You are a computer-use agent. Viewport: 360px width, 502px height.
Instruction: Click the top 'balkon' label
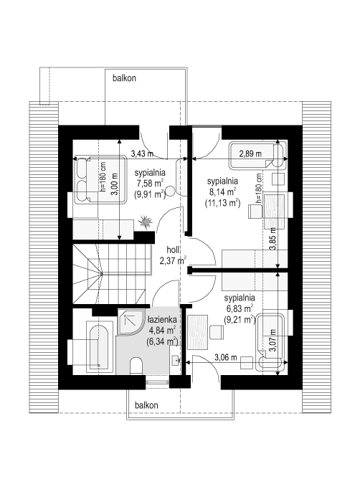point(124,77)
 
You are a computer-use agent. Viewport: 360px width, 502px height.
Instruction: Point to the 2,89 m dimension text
point(250,153)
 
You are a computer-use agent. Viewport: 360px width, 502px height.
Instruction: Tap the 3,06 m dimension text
point(226,356)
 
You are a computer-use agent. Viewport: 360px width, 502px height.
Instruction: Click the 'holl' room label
point(172,250)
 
